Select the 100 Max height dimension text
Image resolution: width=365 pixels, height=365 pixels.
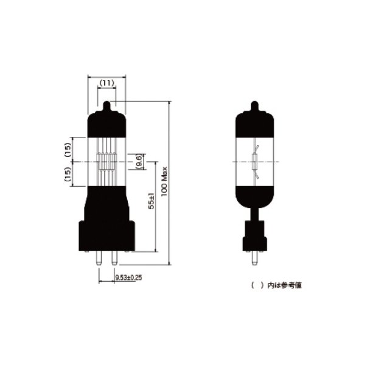164,181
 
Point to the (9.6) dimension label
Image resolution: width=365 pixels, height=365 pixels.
139,162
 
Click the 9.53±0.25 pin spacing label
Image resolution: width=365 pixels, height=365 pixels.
128,277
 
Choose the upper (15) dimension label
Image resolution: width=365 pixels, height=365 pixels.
68,148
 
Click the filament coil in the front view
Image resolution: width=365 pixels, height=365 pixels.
107,162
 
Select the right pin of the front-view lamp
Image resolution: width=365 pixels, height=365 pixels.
114,258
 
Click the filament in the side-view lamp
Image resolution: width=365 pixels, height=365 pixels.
255,162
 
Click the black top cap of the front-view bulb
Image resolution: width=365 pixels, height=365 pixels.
107,125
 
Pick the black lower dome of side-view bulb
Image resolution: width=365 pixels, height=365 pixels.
255,195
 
